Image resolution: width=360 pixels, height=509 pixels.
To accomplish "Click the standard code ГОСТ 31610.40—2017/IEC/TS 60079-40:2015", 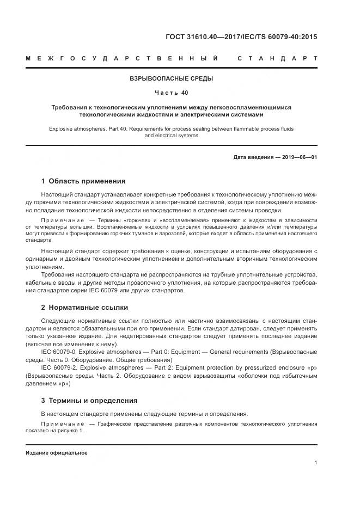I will [x=241, y=37].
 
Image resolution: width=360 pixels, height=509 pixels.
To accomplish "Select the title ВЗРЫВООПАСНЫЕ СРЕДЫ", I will [x=171, y=78].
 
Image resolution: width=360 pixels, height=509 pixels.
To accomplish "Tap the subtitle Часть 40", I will [x=171, y=93].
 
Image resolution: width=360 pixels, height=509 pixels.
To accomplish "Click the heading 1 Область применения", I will [x=83, y=181].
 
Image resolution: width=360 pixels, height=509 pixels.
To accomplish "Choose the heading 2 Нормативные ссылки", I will [x=84, y=306].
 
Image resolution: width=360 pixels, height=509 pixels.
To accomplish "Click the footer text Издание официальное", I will [x=57, y=452].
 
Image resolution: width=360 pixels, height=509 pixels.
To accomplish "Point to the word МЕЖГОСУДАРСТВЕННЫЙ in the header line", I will [x=123, y=58].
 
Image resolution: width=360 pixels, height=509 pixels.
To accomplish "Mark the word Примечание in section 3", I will [x=60, y=423].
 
